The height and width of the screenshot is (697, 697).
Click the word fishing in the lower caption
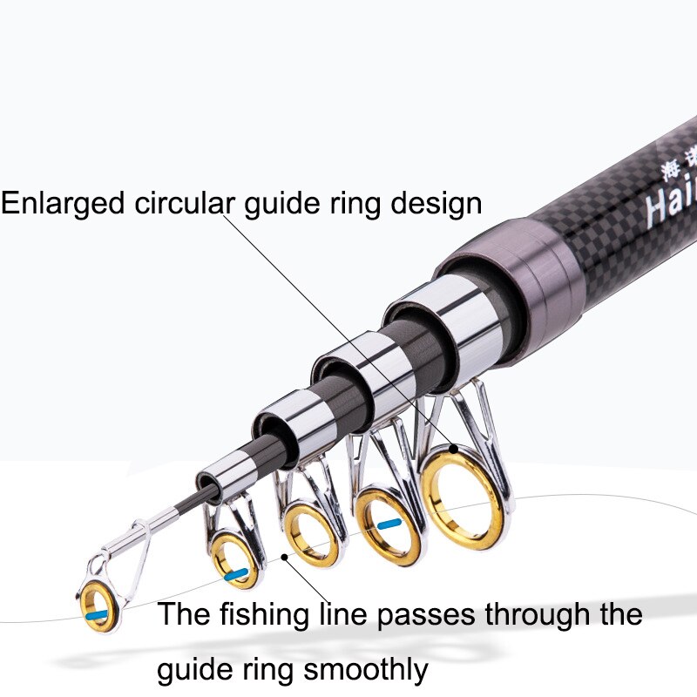pos(265,615)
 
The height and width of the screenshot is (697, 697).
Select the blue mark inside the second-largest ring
pos(389,524)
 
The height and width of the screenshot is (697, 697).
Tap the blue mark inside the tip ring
pos(98,615)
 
